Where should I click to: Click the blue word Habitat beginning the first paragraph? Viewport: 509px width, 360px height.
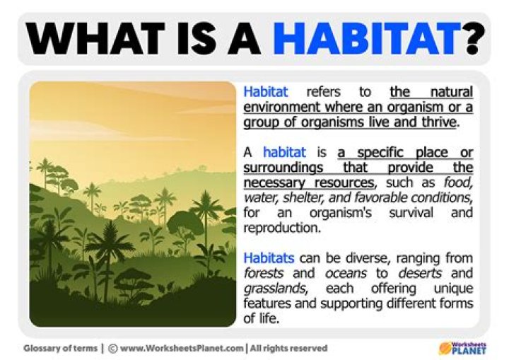point(265,92)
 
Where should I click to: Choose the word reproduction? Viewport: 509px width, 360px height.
point(277,228)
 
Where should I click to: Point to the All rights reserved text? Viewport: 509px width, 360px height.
point(289,348)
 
